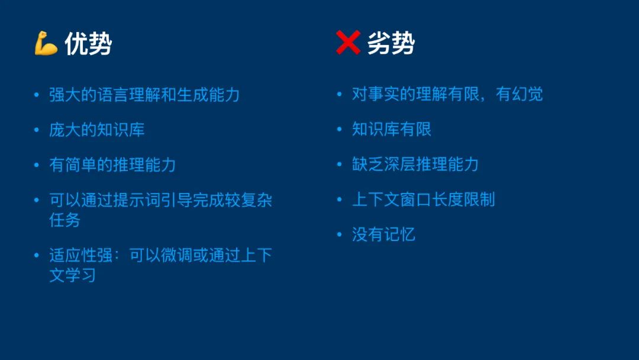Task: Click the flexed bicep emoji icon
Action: [46, 43]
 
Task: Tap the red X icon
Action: [348, 43]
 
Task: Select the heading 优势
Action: [88, 43]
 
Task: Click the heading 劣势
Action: [391, 43]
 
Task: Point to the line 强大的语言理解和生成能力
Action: [144, 95]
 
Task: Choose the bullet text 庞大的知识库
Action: [97, 130]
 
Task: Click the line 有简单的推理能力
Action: [112, 165]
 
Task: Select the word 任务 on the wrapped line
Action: [65, 220]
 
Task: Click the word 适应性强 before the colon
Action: [80, 256]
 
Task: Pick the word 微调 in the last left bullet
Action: [176, 256]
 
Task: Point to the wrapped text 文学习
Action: [73, 275]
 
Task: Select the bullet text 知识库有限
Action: [392, 129]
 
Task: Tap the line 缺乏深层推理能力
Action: [415, 164]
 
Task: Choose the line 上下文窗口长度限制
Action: [424, 200]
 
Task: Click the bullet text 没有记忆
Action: [383, 234]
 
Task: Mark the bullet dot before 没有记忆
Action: [340, 234]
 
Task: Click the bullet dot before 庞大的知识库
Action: [37, 130]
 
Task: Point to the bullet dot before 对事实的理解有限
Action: [340, 94]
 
